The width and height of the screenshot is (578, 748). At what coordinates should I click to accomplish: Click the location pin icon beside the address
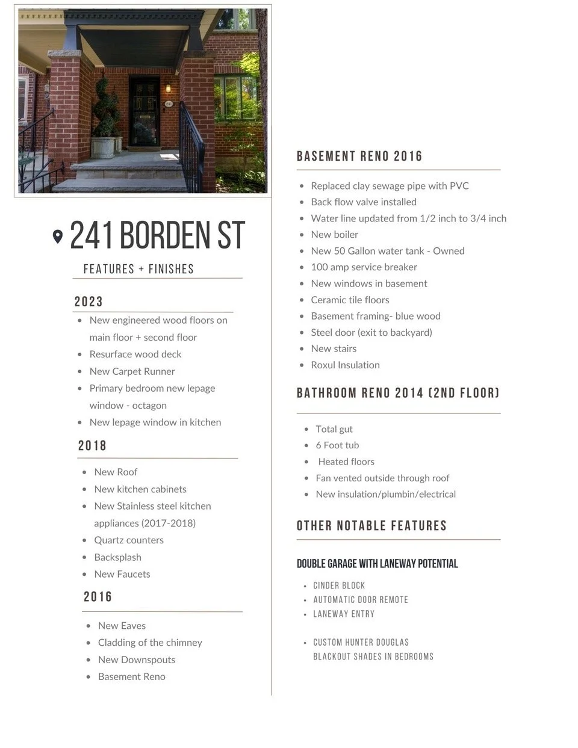click(58, 236)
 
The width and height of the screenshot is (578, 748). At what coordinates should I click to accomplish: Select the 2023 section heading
click(89, 301)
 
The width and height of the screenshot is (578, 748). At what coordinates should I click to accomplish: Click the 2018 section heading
click(92, 445)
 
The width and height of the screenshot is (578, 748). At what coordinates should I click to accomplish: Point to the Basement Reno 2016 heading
click(359, 156)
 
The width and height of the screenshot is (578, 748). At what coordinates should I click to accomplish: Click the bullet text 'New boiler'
click(334, 235)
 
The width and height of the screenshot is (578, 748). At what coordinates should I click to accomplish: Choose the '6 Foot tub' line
click(337, 445)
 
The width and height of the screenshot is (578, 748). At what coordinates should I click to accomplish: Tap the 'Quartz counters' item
click(129, 540)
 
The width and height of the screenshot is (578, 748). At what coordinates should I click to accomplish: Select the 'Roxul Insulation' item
click(345, 365)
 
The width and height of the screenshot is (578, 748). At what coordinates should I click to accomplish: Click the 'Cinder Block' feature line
click(339, 586)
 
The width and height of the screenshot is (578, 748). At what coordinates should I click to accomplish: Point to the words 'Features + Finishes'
click(138, 269)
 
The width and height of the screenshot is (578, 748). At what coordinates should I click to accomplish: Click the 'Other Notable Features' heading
click(371, 526)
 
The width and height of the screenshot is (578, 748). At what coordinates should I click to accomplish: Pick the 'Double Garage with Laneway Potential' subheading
click(377, 564)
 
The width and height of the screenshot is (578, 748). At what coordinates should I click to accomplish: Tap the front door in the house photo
click(144, 113)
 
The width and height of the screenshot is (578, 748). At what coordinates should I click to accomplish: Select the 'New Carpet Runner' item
click(132, 371)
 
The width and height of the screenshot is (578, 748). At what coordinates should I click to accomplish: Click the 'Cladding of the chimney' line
click(150, 643)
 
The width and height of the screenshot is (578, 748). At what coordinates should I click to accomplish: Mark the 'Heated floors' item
click(346, 462)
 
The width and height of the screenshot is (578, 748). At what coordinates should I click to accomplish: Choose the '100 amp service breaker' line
click(364, 267)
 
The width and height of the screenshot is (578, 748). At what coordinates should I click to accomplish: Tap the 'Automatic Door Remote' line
click(361, 600)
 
